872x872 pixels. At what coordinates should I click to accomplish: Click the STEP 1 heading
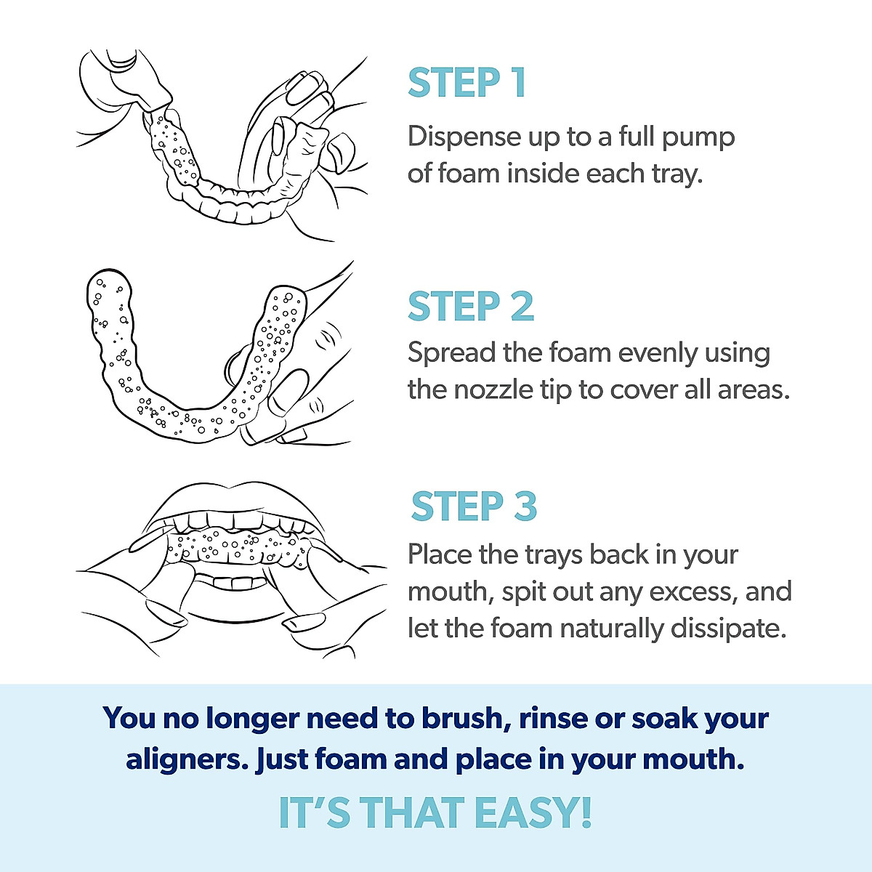pos(467,83)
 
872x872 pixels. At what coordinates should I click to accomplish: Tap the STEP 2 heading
pos(471,307)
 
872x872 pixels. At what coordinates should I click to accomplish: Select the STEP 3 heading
pos(474,506)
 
